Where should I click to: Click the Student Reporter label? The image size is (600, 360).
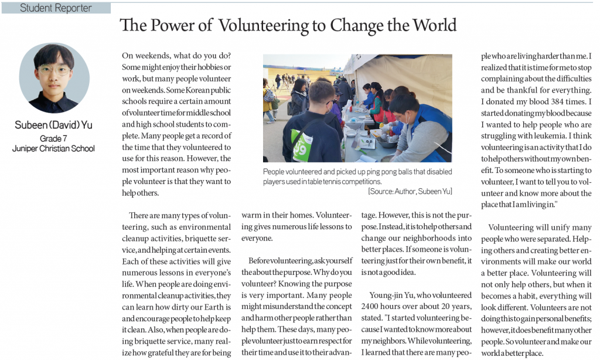click(56, 8)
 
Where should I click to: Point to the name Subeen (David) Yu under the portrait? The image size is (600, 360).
click(54, 125)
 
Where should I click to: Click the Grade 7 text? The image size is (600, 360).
click(54, 138)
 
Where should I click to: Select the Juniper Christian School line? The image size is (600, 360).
click(54, 148)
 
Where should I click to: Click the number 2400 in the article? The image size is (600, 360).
click(373, 307)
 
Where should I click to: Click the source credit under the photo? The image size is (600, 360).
click(410, 191)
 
